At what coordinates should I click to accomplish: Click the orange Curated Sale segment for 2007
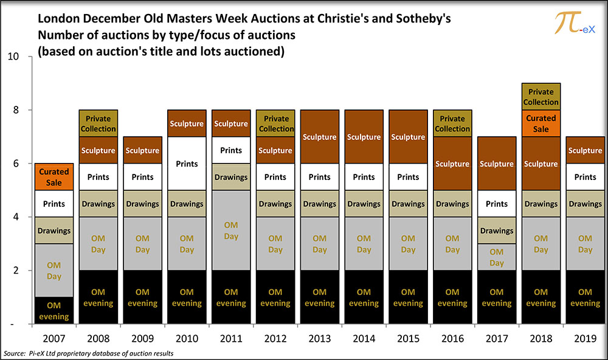[x=54, y=177]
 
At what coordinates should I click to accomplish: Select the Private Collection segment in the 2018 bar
[x=541, y=97]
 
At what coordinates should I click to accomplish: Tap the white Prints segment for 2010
[x=187, y=164]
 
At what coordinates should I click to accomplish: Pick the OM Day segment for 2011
[x=231, y=230]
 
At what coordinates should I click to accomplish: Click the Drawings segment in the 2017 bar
[x=496, y=230]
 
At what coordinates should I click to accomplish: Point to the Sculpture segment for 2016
[x=452, y=164]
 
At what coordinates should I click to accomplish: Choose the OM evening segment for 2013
[x=320, y=297]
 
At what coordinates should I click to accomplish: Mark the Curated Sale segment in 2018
[x=541, y=123]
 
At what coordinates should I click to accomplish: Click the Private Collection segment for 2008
[x=98, y=123]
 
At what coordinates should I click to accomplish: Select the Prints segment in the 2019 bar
[x=585, y=177]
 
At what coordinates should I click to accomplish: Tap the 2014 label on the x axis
[x=364, y=338]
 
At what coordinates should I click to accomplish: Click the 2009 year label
[x=142, y=338]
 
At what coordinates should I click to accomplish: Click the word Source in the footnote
[x=15, y=353]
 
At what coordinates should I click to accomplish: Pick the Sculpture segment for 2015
[x=408, y=137]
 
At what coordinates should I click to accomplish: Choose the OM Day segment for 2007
[x=54, y=271]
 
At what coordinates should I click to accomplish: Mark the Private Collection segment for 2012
[x=275, y=123]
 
